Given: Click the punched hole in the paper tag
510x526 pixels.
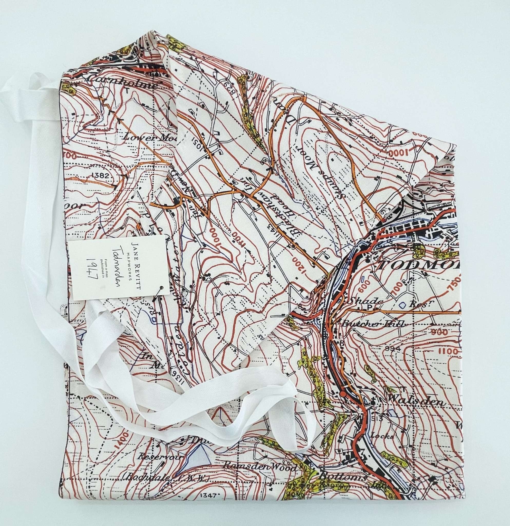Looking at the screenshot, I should (x=161, y=288).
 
